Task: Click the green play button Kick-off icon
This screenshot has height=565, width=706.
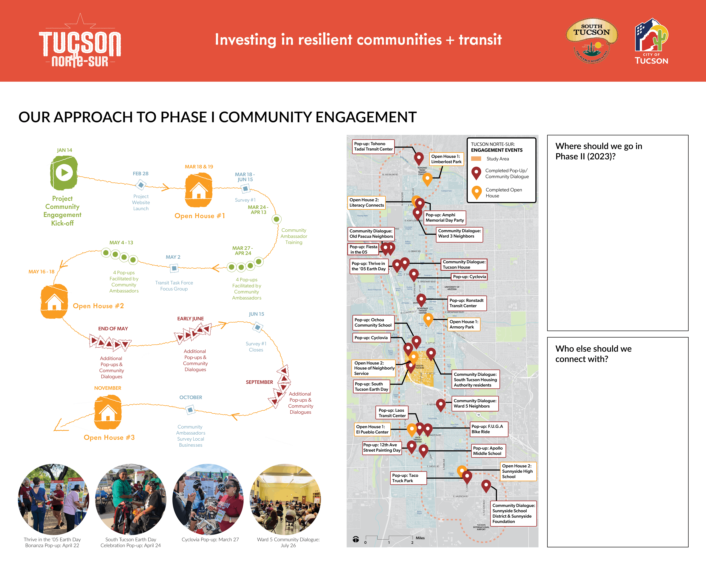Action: pos(64,173)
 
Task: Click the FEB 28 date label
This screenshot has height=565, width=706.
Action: pos(140,174)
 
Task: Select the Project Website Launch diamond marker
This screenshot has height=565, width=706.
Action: pos(141,185)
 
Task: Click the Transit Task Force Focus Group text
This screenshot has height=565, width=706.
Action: pos(174,286)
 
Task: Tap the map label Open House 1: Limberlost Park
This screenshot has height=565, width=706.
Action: pos(446,159)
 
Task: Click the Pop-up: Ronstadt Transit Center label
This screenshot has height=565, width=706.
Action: pos(466,303)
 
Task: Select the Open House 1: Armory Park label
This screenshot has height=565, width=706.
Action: pos(463,324)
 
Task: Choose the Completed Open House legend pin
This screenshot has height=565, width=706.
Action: pos(476,192)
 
